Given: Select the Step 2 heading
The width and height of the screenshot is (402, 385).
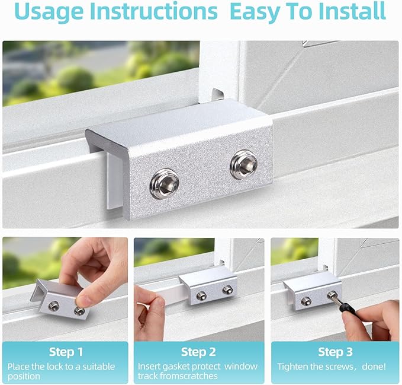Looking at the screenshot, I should click(198, 352).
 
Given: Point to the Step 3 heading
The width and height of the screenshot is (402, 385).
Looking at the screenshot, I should click(335, 352).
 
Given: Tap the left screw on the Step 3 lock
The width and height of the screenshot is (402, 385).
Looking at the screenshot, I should click(306, 301).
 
